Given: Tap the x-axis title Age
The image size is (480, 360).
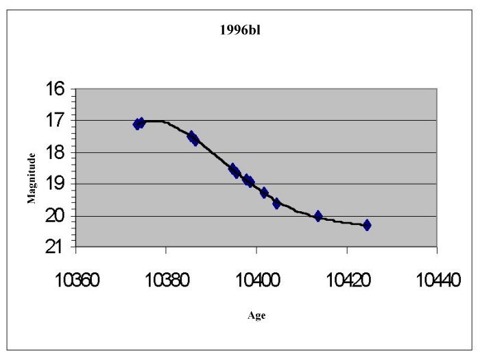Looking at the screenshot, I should tap(256, 315).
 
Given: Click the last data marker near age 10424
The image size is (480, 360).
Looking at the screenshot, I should tap(367, 225).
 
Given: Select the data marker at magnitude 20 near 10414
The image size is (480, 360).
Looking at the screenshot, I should tap(318, 216).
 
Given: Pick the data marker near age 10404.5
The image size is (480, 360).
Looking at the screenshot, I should tap(277, 203).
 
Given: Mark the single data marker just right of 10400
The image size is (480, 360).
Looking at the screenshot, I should tap(264, 193).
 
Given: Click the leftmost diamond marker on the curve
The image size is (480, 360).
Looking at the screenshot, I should tap(137, 124).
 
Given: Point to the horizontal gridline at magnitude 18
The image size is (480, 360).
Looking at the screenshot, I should tap(343, 152).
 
